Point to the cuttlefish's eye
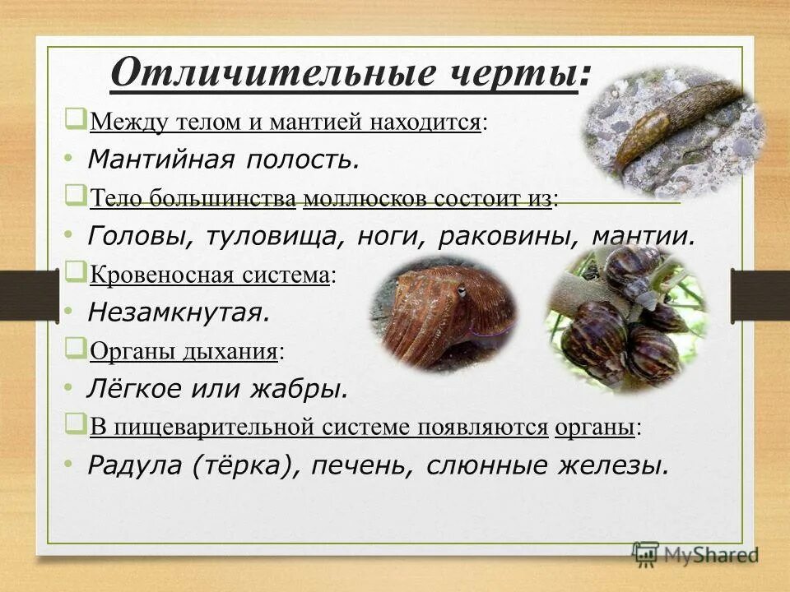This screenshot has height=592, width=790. click(462, 291)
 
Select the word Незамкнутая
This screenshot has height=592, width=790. click(179, 312)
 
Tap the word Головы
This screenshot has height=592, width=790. click(136, 237)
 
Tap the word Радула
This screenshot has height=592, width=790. click(136, 466)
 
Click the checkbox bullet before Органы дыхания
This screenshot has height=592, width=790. click(76, 349)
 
